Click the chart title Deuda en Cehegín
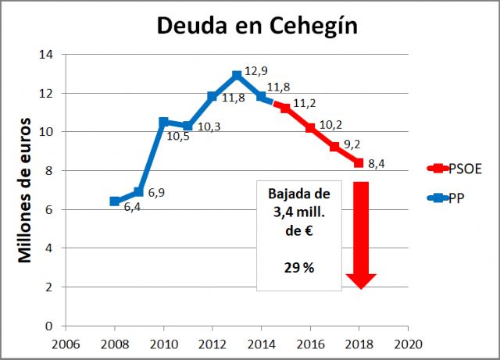coord(257,25)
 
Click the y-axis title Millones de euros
coord(26,190)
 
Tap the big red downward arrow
coord(360,234)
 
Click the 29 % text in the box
coord(298,267)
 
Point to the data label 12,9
coord(256,71)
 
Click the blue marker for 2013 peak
coord(237,76)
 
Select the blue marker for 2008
coord(115,201)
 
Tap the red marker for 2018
coord(359,163)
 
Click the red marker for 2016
coord(310,128)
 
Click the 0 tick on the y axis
coord(49,326)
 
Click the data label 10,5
coord(178,135)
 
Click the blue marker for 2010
coord(163,122)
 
